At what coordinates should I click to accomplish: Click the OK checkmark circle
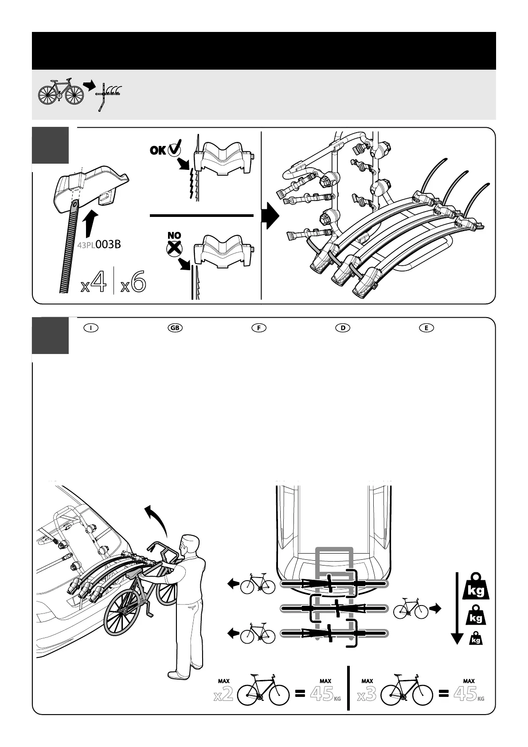pos(174,150)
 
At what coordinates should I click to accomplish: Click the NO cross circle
pos(173,248)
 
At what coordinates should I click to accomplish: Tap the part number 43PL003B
pos(99,244)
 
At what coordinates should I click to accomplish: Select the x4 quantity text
pos(94,283)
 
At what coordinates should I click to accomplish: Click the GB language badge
pos(175,328)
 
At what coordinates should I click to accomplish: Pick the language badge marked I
pos(90,328)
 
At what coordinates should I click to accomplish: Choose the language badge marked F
pos(258,328)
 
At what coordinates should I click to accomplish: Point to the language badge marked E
pos(426,328)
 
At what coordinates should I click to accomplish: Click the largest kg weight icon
pos(476,586)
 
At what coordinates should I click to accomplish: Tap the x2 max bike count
pos(223,695)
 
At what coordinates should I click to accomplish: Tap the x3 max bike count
pos(367,695)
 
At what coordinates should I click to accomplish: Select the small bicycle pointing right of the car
pos(411,609)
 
